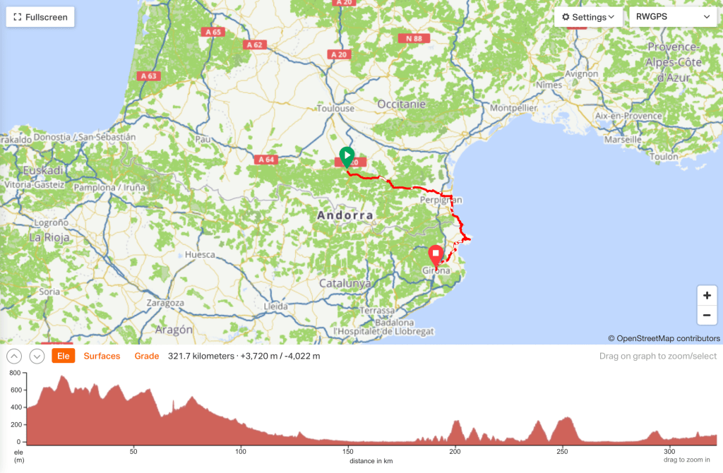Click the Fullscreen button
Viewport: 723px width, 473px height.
(41, 17)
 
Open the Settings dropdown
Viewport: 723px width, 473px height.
(587, 17)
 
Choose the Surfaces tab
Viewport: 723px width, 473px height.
(102, 356)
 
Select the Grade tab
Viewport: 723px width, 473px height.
(147, 356)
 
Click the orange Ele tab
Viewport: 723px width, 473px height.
(63, 356)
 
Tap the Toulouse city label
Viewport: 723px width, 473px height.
(335, 109)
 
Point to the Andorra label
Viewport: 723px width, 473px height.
(345, 215)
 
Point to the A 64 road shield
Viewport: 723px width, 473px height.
(266, 160)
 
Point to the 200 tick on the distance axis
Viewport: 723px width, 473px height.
(455, 451)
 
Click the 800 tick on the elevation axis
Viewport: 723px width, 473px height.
(14, 372)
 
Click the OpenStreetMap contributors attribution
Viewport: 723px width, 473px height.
(664, 338)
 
